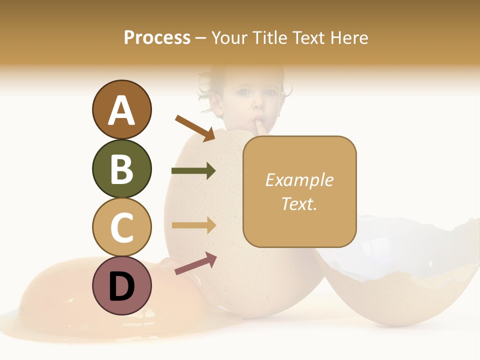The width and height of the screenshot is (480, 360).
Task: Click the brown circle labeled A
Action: tap(121, 110)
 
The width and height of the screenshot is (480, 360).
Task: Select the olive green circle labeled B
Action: tap(121, 169)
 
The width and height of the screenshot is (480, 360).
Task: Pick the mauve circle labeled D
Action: tap(121, 285)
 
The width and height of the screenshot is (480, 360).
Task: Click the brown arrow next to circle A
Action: tap(194, 128)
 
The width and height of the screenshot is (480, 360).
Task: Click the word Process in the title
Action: tap(157, 37)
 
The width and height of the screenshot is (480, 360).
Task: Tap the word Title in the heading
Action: tap(268, 37)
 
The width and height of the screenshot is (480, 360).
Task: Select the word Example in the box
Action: tap(299, 180)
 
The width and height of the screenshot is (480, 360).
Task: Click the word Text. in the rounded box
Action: tap(299, 203)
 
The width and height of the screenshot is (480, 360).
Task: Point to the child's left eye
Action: tap(270, 92)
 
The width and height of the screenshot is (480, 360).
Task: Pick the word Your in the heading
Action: tap(228, 37)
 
